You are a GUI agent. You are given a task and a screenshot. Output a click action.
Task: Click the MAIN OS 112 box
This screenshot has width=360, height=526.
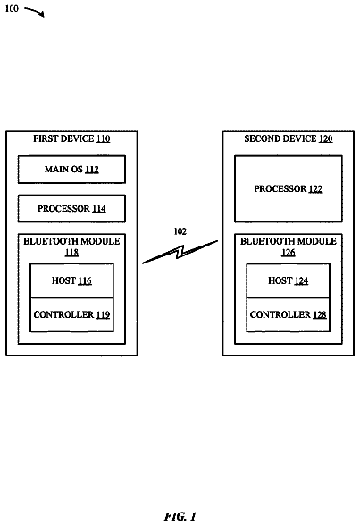tap(71, 170)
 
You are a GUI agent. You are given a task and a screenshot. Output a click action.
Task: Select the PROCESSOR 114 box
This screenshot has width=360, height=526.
tap(71, 209)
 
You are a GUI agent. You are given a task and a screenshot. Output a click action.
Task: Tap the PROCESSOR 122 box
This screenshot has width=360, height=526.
tap(289, 188)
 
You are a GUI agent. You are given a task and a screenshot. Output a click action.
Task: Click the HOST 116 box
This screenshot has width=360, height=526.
tap(71, 280)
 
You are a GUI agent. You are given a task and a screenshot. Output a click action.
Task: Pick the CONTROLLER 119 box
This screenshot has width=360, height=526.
tap(71, 315)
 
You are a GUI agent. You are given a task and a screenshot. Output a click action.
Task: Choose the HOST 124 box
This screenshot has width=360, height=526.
tap(289, 280)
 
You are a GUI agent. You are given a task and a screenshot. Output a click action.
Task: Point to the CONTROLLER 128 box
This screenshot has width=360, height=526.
tap(289, 315)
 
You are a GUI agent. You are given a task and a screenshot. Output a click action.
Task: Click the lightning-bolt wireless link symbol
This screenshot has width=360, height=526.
tap(180, 252)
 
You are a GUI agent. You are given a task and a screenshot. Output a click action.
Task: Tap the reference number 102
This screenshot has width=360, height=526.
tap(180, 231)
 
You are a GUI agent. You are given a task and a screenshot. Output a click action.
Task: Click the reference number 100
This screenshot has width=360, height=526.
tap(12, 8)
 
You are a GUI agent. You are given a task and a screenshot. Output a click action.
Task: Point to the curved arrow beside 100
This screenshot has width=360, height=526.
tap(35, 12)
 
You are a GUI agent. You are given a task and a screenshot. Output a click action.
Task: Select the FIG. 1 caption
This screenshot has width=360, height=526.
tap(180, 516)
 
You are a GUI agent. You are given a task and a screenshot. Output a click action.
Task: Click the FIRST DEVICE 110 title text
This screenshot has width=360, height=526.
tap(71, 139)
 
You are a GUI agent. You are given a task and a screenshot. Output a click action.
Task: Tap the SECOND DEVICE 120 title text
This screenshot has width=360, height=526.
tap(289, 139)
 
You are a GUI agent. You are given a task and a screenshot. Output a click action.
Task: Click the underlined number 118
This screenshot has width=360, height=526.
tap(71, 252)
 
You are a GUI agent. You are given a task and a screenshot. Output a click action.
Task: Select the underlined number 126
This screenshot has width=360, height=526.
tap(289, 252)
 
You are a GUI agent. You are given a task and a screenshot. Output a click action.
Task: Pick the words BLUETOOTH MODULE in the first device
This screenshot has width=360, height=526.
tap(71, 241)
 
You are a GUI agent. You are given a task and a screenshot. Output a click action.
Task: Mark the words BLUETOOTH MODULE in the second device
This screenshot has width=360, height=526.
tap(289, 241)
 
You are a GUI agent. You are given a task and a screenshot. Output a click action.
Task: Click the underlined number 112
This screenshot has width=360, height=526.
tap(92, 170)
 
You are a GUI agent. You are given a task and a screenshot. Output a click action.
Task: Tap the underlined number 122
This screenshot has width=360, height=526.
tap(315, 189)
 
